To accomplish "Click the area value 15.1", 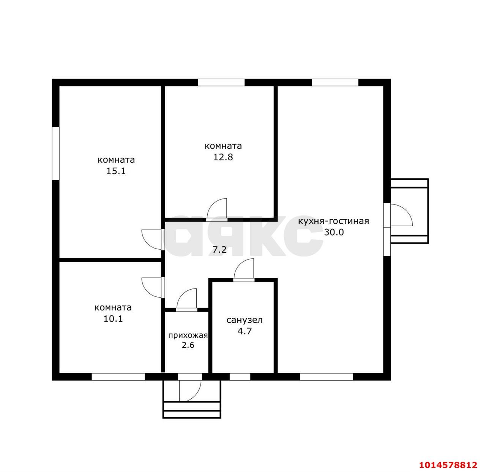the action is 116,171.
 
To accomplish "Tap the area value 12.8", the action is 223,157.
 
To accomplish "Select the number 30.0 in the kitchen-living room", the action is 334,232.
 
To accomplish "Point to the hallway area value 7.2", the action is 219,250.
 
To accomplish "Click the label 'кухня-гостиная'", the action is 334,221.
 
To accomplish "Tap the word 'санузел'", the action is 245,320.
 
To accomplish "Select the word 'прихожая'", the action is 188,335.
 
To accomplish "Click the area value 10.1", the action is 113,319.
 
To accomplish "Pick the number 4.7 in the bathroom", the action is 245,331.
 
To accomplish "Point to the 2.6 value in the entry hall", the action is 188,345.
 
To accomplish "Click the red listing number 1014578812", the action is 448,465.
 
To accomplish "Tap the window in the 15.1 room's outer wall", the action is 56,154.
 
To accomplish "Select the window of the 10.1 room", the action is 118,377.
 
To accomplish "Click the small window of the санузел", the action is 240,377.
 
